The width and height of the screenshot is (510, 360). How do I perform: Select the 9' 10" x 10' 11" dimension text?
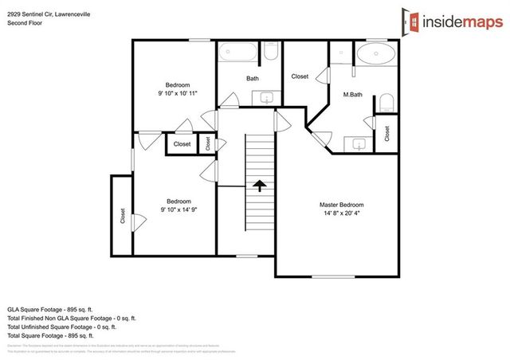coord(178,93)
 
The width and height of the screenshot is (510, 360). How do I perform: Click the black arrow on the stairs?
coord(260,186)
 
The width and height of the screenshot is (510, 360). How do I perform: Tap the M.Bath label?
coord(352,95)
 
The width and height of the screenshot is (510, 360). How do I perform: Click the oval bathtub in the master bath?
coord(374,56)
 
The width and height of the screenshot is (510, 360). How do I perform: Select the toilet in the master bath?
coord(386,101)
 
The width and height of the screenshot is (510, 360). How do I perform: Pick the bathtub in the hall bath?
coord(238,57)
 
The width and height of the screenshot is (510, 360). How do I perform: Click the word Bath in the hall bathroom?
coord(252,78)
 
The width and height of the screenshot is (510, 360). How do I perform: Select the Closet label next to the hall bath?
coord(300,76)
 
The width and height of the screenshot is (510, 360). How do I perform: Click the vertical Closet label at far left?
coord(123,215)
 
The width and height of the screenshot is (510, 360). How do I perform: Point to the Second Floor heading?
coord(25,23)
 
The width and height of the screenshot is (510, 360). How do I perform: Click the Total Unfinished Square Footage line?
coord(61,326)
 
